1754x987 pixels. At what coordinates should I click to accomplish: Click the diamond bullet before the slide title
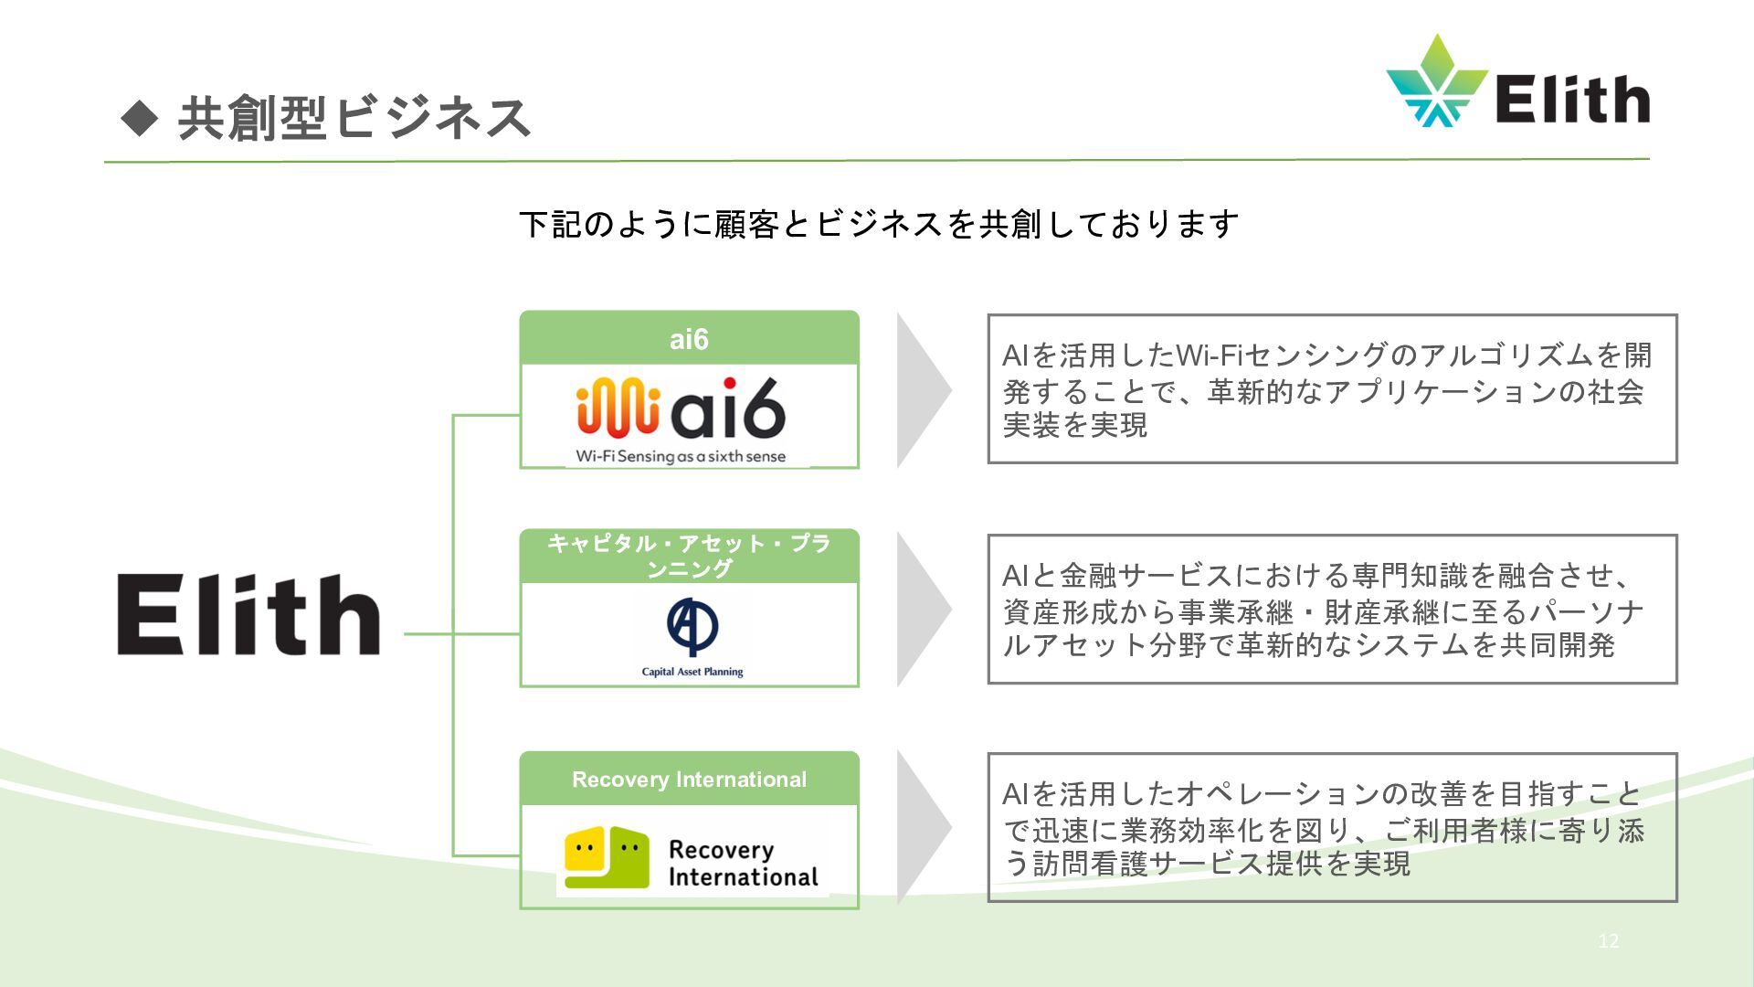tap(140, 117)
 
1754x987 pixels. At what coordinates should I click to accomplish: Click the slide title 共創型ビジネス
tap(354, 119)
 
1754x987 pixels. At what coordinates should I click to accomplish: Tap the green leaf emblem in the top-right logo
tap(1436, 82)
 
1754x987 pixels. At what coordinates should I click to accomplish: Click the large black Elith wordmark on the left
tap(248, 614)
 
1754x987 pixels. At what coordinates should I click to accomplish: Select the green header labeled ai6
tap(689, 339)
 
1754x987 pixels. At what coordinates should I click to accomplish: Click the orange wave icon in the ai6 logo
tap(618, 408)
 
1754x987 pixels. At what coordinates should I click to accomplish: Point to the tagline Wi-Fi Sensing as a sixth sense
tap(681, 456)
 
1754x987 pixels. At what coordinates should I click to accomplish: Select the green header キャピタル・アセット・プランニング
tap(689, 556)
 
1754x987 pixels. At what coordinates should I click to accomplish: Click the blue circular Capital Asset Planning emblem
tap(692, 626)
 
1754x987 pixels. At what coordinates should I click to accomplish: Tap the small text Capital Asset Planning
tap(692, 672)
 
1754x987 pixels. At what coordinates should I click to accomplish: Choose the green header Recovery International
tap(689, 780)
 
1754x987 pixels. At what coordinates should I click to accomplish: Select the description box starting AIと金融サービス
tap(1332, 610)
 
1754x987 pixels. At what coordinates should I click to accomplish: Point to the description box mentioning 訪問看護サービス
tap(1332, 828)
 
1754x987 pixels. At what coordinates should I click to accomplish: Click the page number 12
tap(1608, 940)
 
